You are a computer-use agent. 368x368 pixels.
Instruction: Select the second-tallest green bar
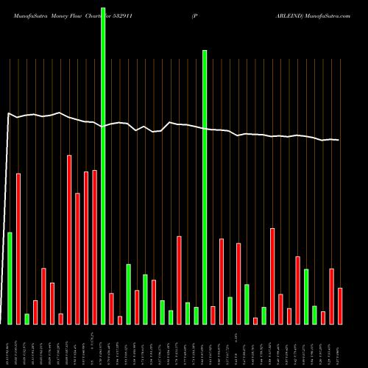205,187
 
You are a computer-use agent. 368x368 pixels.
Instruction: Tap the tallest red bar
69,239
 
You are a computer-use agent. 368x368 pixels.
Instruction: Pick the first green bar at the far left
10,277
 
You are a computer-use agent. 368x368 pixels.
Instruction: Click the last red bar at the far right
340,305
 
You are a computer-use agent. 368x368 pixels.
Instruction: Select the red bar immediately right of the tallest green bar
111,308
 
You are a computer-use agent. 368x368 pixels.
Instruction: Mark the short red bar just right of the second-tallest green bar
213,315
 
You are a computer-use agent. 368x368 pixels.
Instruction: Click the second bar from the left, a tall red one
18,248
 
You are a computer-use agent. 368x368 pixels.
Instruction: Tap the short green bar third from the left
26,319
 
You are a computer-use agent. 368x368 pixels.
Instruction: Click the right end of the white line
339,140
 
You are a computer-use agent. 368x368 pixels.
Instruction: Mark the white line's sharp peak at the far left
8,113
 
